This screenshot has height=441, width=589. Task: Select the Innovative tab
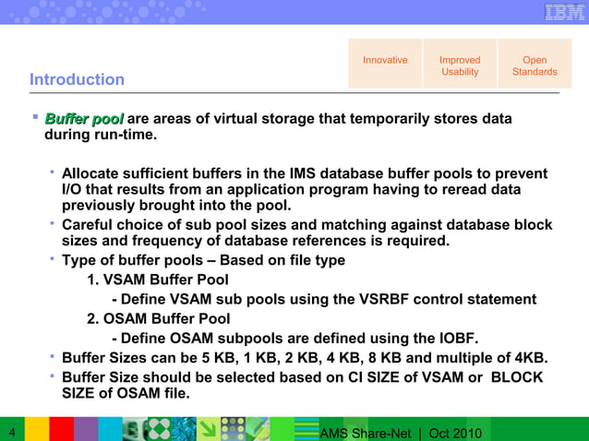tap(385, 61)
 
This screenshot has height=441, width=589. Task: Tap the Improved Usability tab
tap(460, 66)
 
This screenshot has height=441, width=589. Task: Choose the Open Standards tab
tap(535, 66)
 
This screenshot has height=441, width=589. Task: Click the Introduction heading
tap(77, 79)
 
